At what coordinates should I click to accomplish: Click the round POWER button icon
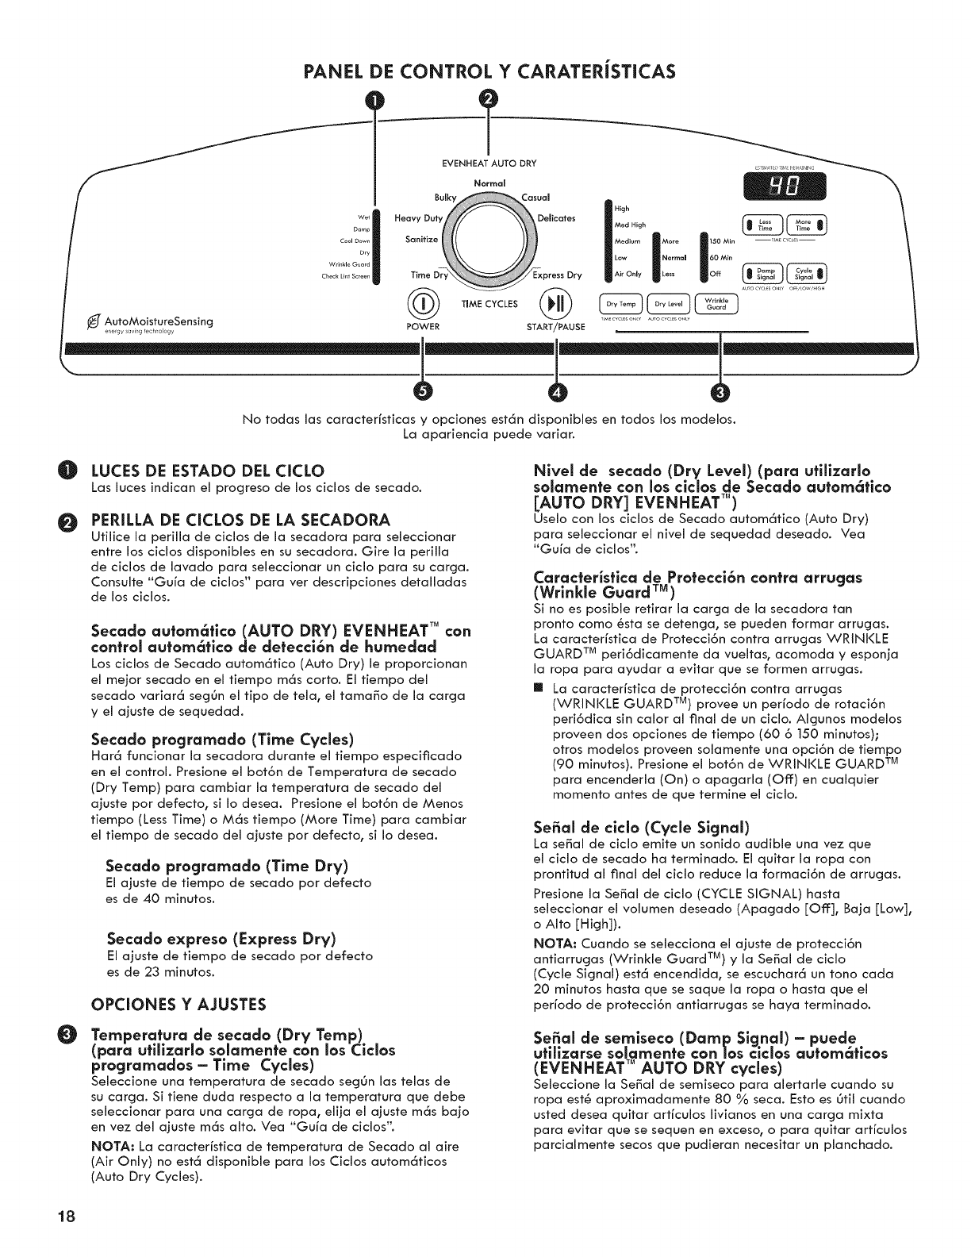(424, 305)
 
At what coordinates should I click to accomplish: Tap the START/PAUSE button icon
(555, 305)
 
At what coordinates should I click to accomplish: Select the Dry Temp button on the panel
(623, 304)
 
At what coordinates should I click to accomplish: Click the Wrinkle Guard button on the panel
(716, 304)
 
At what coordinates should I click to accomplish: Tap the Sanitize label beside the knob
(421, 240)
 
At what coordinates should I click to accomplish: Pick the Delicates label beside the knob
(556, 218)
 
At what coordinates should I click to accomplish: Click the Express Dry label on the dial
(558, 275)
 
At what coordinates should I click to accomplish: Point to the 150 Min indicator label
(722, 240)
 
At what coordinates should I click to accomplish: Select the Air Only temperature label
(628, 275)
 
